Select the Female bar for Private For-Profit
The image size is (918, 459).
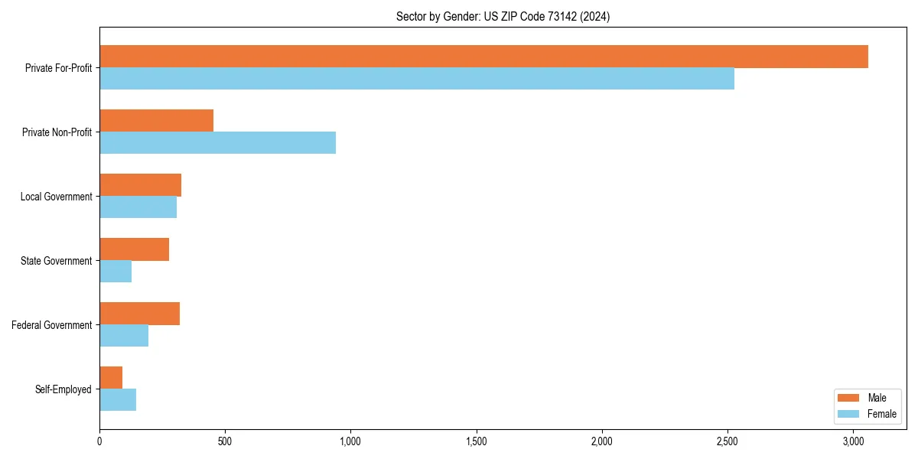417,78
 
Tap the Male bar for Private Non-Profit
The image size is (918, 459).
156,121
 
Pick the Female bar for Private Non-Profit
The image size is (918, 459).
217,142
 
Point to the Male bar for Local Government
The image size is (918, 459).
140,185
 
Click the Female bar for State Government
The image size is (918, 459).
116,271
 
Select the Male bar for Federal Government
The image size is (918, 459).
139,314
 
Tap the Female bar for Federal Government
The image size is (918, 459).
124,335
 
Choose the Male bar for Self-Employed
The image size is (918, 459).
111,378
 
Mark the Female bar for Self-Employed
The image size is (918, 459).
118,399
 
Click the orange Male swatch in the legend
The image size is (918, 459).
848,399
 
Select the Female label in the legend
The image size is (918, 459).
882,414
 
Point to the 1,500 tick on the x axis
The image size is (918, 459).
476,441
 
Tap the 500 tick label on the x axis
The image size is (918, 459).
225,441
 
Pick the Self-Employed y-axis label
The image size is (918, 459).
63,389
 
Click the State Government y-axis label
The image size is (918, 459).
56,261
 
